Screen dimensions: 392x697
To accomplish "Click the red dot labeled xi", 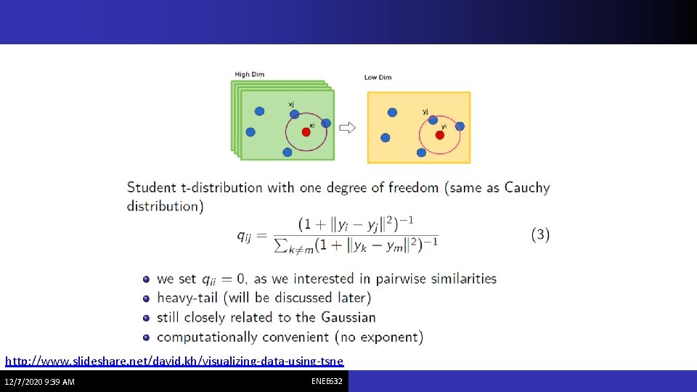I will coord(306,131).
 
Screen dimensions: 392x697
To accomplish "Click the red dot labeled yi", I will coord(440,134).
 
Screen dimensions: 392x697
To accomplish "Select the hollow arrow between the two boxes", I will coord(348,128).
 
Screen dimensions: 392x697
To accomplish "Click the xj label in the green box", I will coord(291,105).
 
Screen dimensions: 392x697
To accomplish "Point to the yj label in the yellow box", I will coord(425,111).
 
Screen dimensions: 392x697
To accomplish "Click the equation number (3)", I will coord(540,234).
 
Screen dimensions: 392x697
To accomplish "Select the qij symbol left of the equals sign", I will coord(246,234).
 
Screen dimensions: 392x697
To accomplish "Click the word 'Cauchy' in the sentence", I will coord(527,187).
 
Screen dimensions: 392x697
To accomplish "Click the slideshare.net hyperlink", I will coord(174,361).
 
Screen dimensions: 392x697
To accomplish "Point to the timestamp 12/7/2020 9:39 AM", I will coord(39,382).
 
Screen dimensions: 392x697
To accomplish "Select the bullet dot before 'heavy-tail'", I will coord(147,298).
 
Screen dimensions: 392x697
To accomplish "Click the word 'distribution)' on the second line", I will coord(166,206).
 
